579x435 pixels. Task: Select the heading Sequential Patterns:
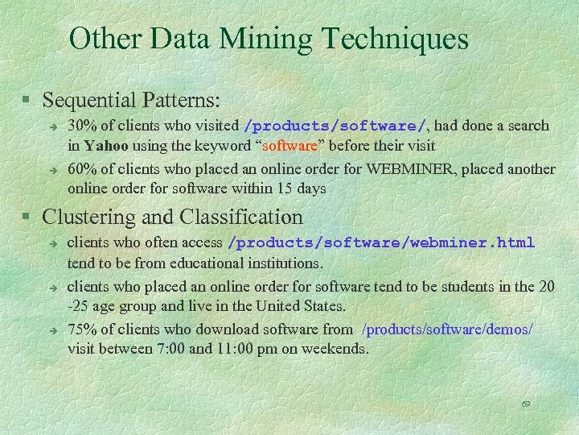coord(132,101)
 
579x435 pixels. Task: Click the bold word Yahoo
coord(105,146)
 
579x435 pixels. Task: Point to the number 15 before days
coord(282,188)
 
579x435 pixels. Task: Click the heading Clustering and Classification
coord(173,217)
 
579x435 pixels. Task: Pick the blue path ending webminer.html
coord(382,242)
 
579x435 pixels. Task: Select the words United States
coord(306,306)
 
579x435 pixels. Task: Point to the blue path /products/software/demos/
coord(447,329)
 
